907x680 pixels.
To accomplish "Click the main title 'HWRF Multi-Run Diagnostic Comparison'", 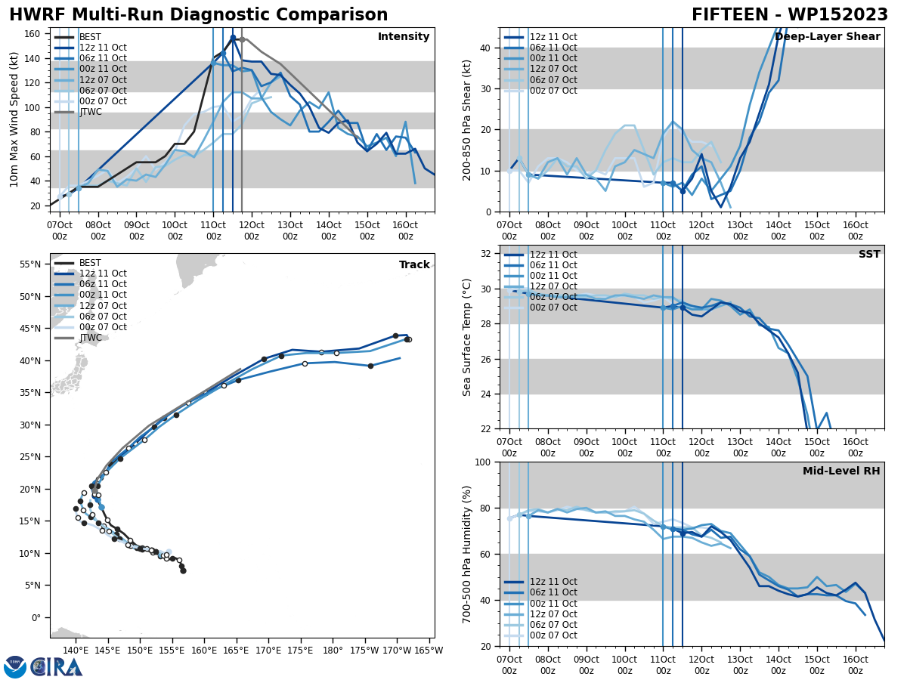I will point(198,15).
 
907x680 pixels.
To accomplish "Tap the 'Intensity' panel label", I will point(404,37).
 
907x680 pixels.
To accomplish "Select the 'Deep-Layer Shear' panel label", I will point(828,37).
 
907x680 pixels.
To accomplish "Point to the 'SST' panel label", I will point(869,255).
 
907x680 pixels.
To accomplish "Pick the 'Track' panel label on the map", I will point(414,265).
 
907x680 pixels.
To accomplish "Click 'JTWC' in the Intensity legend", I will point(90,112).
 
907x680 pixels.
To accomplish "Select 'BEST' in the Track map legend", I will point(90,263).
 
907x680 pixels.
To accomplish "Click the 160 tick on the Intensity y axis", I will point(34,34).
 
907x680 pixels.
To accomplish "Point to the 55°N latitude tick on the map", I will point(30,264).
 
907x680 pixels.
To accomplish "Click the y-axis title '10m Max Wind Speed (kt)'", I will point(14,119).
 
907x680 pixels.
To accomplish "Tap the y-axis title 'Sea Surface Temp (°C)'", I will point(467,337).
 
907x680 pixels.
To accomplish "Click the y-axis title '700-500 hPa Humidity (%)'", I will point(467,554).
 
